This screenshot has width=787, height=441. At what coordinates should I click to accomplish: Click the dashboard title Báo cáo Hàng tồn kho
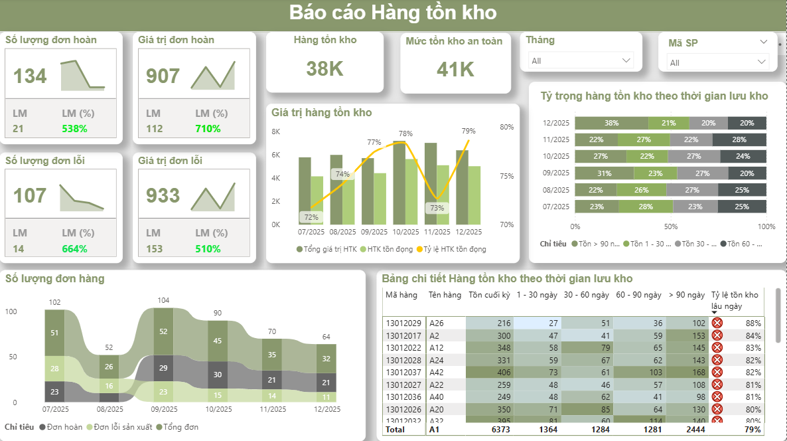click(393, 13)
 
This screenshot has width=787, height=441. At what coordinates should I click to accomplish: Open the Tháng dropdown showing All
click(581, 60)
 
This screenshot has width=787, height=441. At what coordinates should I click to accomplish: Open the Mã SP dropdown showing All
click(717, 62)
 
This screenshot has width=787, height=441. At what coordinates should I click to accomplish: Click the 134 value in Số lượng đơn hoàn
click(31, 76)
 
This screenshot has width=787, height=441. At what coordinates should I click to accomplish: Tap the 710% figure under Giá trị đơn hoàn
click(208, 129)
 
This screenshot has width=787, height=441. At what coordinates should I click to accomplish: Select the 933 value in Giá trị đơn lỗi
click(163, 196)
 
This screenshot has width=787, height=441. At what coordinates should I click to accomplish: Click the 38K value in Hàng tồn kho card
click(324, 68)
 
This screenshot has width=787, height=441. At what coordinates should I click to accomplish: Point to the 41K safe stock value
click(455, 69)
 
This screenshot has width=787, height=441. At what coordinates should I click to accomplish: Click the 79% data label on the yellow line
click(468, 131)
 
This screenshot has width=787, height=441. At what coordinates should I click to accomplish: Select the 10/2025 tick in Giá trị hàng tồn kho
click(405, 232)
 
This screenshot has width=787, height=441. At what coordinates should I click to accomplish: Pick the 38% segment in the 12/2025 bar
click(611, 123)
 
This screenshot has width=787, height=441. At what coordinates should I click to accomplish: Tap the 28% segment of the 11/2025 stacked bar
click(739, 139)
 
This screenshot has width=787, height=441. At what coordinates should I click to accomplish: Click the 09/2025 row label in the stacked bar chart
click(556, 173)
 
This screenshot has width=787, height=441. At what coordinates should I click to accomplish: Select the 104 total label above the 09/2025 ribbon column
click(163, 300)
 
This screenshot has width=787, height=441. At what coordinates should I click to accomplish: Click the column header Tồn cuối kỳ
click(489, 295)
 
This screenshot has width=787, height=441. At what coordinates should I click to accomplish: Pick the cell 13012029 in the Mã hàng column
click(403, 323)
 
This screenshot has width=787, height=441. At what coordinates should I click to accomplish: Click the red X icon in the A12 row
click(717, 347)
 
